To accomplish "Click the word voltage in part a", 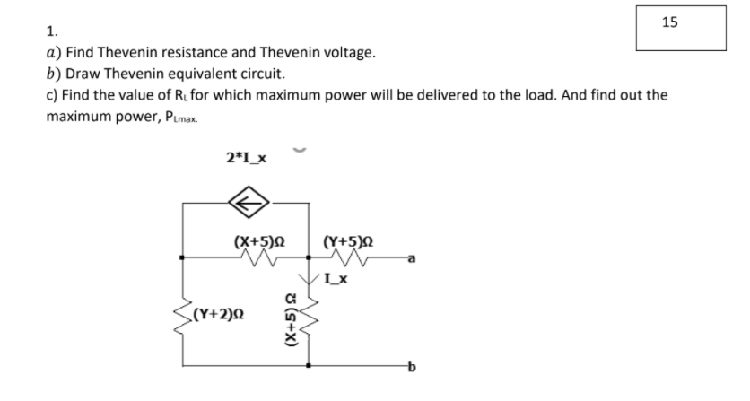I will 344,53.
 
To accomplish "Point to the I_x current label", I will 335,281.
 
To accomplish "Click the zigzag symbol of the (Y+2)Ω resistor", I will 182,316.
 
